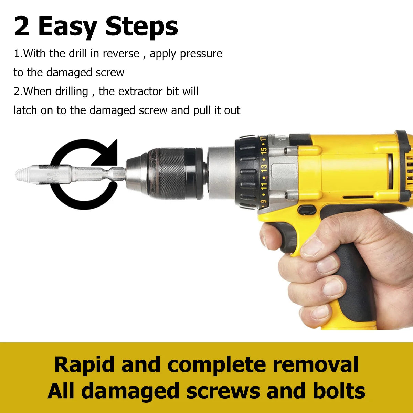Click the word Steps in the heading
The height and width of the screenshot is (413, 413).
click(141, 27)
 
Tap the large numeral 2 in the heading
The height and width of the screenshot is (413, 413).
click(22, 27)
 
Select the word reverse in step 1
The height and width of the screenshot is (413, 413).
click(121, 54)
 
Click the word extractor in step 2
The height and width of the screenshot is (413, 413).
click(141, 91)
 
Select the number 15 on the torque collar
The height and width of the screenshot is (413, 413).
click(264, 151)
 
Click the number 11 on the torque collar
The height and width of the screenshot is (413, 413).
click(264, 187)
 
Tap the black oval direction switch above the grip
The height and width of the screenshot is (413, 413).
click(307, 210)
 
